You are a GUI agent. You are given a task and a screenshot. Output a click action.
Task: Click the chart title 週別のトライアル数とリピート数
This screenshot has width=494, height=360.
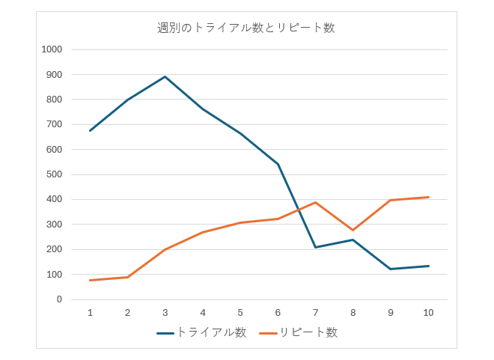click(x=246, y=28)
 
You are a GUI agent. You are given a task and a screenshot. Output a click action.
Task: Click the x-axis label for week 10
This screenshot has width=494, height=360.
click(x=428, y=312)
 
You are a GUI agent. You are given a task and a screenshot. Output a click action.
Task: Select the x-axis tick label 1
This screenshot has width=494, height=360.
click(x=90, y=312)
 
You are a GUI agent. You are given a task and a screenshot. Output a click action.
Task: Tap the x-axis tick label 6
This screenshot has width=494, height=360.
click(x=278, y=312)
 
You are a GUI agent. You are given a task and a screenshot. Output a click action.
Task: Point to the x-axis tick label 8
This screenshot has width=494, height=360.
click(x=353, y=312)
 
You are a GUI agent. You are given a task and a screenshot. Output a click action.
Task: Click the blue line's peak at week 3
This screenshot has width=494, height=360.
click(x=165, y=76)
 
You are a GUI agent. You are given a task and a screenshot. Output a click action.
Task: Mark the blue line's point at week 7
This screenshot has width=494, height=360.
click(x=315, y=247)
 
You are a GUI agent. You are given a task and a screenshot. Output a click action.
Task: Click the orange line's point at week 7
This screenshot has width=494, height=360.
click(x=315, y=202)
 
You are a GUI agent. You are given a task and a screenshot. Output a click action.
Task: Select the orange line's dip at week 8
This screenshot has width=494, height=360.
click(x=353, y=230)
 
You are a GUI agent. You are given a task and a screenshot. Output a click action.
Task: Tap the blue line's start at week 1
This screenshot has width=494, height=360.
click(x=90, y=130)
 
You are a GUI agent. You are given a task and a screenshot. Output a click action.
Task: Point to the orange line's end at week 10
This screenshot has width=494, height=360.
click(x=428, y=197)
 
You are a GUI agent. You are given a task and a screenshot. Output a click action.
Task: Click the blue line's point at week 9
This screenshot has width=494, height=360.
click(x=391, y=269)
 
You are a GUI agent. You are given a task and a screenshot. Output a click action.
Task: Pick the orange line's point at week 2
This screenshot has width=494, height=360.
click(x=127, y=277)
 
